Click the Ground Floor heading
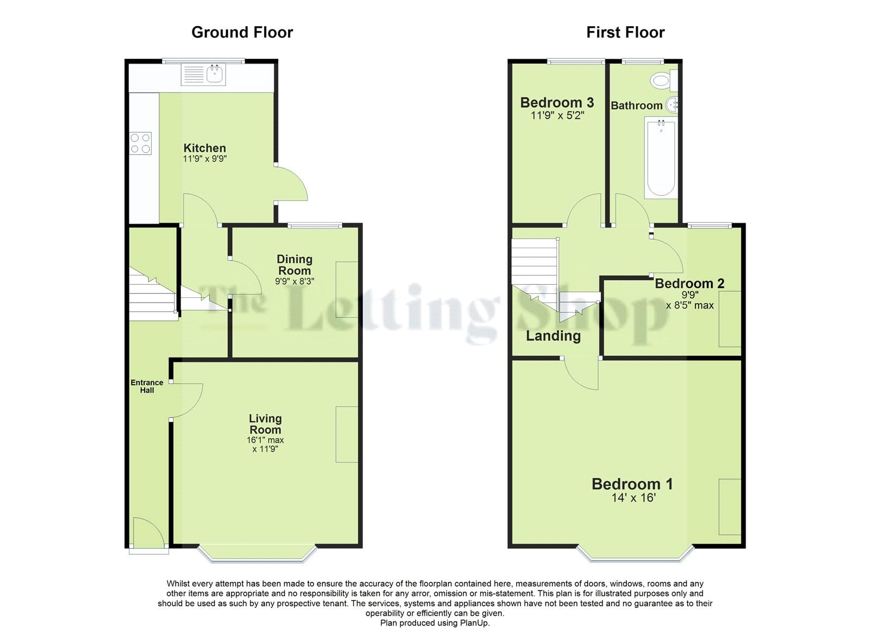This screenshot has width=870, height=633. pyautogui.click(x=242, y=32)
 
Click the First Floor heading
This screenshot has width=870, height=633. pyautogui.click(x=625, y=32)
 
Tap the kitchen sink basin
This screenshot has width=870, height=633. pyautogui.click(x=214, y=73)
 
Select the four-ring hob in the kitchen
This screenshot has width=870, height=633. pyautogui.click(x=140, y=143)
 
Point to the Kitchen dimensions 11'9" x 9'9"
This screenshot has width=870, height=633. pyautogui.click(x=204, y=158)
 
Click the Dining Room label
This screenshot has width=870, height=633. pyautogui.click(x=294, y=265)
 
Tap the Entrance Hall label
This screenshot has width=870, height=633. pyautogui.click(x=147, y=386)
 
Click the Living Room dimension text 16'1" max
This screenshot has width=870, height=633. pyautogui.click(x=265, y=440)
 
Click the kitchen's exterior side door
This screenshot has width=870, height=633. pyautogui.click(x=292, y=183)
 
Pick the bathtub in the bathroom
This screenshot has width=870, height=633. pyautogui.click(x=661, y=158)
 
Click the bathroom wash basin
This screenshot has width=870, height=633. pyautogui.click(x=672, y=104)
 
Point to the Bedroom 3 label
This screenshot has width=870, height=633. pyautogui.click(x=557, y=103)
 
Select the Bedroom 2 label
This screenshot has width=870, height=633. pyautogui.click(x=689, y=284)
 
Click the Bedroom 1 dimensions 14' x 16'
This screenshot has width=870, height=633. pyautogui.click(x=633, y=497)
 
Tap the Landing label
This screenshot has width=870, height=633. pyautogui.click(x=553, y=336)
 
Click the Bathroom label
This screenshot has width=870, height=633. pyautogui.click(x=637, y=106)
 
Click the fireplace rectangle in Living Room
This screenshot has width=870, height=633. pyautogui.click(x=346, y=434)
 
